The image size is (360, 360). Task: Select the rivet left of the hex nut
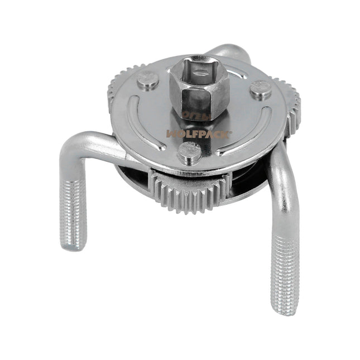tap(148, 81)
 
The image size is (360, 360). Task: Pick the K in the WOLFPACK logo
tap(212, 133)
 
